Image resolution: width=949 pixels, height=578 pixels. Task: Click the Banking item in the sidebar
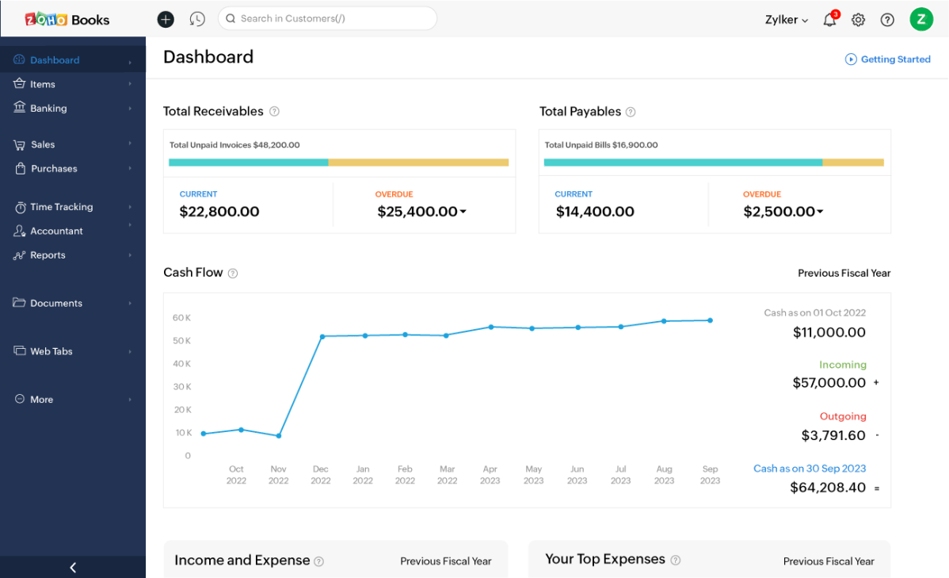click(x=48, y=109)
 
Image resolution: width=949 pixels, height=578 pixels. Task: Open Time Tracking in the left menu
click(x=61, y=207)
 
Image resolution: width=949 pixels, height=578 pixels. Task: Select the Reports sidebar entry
click(x=48, y=255)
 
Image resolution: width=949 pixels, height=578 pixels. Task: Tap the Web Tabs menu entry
click(x=51, y=351)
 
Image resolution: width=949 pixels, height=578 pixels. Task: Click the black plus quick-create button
click(x=166, y=19)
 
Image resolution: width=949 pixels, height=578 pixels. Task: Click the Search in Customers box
click(x=327, y=18)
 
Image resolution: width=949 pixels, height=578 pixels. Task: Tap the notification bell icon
click(x=829, y=20)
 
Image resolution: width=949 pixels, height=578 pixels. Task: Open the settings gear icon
click(x=858, y=20)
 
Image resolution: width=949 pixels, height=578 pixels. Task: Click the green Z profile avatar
click(x=920, y=19)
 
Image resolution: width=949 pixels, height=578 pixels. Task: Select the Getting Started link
click(x=888, y=59)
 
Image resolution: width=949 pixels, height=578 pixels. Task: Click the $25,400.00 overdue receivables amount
click(x=418, y=212)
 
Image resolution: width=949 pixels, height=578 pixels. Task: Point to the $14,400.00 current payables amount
click(x=595, y=212)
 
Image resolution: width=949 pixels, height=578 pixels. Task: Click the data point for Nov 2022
click(x=278, y=435)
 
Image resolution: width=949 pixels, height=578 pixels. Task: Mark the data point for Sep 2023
click(x=710, y=320)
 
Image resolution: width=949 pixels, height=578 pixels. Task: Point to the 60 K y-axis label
click(x=181, y=318)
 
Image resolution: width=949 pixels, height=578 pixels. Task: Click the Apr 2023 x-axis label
click(x=490, y=474)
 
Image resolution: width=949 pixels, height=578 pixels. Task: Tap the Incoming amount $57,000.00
click(x=829, y=383)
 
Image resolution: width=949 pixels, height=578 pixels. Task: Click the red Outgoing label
click(x=843, y=416)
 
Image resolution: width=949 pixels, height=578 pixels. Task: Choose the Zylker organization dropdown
click(x=786, y=20)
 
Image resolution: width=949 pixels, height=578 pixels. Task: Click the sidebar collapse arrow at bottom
click(x=73, y=567)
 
